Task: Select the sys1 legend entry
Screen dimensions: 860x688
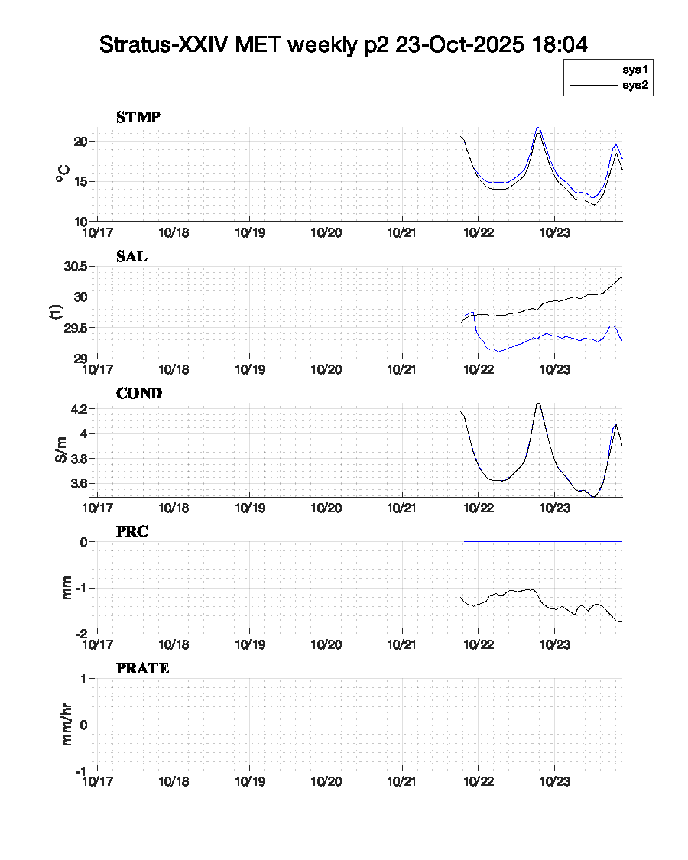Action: (x=635, y=70)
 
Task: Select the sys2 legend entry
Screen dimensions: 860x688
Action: (x=635, y=86)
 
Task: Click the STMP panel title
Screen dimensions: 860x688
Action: (x=138, y=118)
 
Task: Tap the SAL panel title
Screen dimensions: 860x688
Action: (x=131, y=257)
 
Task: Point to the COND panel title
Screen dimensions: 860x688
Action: (x=139, y=394)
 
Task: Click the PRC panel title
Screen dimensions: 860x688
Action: (x=132, y=532)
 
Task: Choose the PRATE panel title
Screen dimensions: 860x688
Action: (x=143, y=669)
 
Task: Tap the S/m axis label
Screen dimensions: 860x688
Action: (x=62, y=449)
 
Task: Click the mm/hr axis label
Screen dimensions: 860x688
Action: (x=67, y=724)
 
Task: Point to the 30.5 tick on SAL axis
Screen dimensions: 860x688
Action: (x=75, y=267)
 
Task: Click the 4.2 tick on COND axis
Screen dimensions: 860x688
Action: (x=80, y=410)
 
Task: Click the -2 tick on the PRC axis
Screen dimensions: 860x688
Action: (x=80, y=634)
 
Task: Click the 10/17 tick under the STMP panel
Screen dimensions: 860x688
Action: (x=97, y=232)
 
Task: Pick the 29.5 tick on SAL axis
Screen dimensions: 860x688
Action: (x=75, y=328)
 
